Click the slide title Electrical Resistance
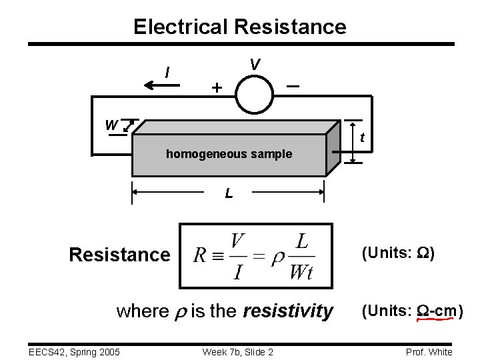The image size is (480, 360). [239, 27]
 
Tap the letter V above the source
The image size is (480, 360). [255, 64]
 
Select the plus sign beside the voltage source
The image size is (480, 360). [215, 87]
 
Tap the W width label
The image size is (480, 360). [111, 125]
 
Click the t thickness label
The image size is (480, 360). [361, 139]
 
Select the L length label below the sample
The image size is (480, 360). [229, 194]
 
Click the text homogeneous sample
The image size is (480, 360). [229, 154]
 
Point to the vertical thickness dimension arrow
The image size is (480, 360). [351, 142]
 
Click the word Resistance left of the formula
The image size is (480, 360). [119, 255]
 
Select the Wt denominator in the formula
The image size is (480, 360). [301, 272]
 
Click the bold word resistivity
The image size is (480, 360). [288, 311]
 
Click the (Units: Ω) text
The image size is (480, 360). [397, 253]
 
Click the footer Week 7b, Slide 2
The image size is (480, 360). [238, 351]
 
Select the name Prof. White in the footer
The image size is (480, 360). [429, 351]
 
